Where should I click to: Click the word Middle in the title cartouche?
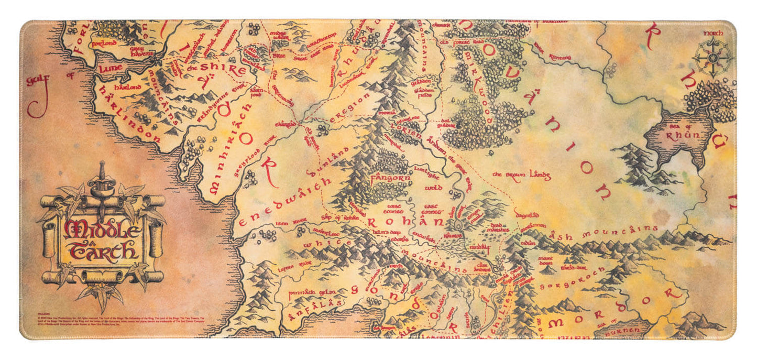(x=102, y=228)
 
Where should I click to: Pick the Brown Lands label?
(x=521, y=176)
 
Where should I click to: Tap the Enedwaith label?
(x=285, y=200)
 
